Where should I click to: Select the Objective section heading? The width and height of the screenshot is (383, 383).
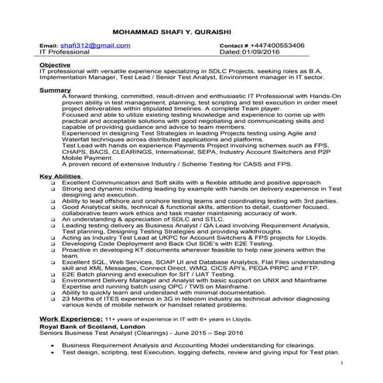55,64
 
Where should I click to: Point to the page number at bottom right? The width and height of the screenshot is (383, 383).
341,361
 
